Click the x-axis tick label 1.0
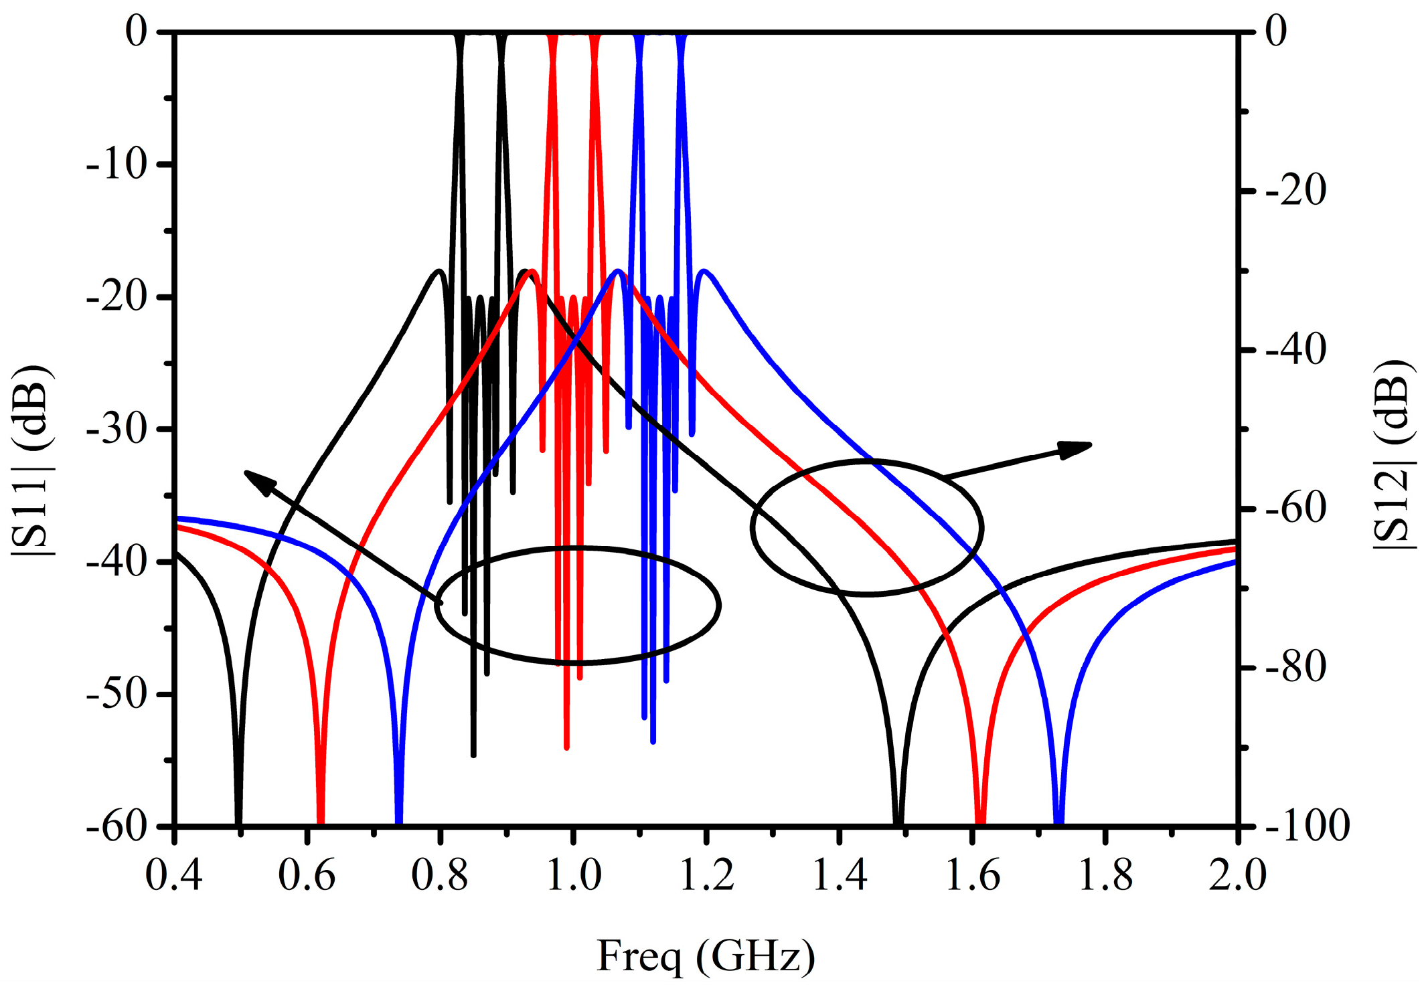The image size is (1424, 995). point(574,875)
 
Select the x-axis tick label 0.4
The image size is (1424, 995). point(174,875)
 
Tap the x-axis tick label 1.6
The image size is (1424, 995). point(972,875)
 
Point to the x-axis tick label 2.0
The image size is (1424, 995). point(1237,875)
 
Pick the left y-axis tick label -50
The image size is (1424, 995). point(116,694)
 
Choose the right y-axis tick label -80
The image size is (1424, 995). point(1295,667)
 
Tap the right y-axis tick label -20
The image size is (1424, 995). point(1295,191)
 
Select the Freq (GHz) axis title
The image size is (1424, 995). point(706,956)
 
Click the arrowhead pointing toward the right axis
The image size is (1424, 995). point(1077,449)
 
